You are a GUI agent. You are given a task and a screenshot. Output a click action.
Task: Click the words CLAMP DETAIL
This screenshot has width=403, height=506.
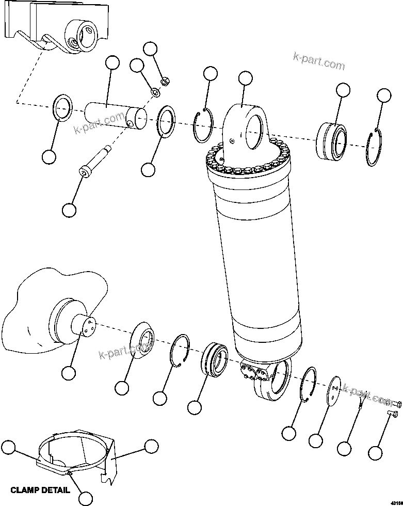click(x=40, y=490)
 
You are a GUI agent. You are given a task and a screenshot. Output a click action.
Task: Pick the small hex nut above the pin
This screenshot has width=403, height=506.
click(x=165, y=81)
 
